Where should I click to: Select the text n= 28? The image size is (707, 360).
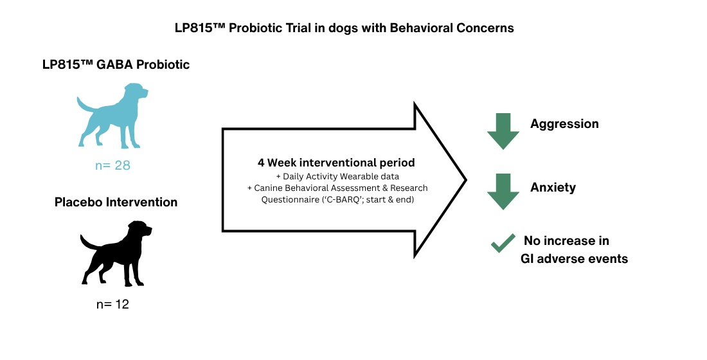click(112, 166)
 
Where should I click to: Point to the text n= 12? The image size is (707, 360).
click(112, 304)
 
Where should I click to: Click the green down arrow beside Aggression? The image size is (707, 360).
click(503, 131)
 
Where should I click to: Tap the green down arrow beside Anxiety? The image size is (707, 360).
click(503, 192)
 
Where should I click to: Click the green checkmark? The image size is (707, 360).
click(503, 243)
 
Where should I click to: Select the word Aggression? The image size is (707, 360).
click(564, 124)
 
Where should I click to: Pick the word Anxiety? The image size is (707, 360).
click(553, 187)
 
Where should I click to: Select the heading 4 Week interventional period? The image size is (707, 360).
click(336, 163)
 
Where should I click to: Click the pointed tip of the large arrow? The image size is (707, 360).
click(466, 180)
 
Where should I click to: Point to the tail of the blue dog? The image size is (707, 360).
click(85, 105)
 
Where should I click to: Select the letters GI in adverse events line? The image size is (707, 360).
click(526, 258)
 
